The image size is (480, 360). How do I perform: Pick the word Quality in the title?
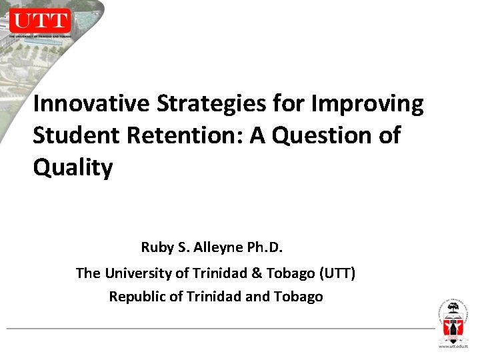(x=73, y=167)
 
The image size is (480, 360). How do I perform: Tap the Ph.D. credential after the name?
(x=265, y=248)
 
